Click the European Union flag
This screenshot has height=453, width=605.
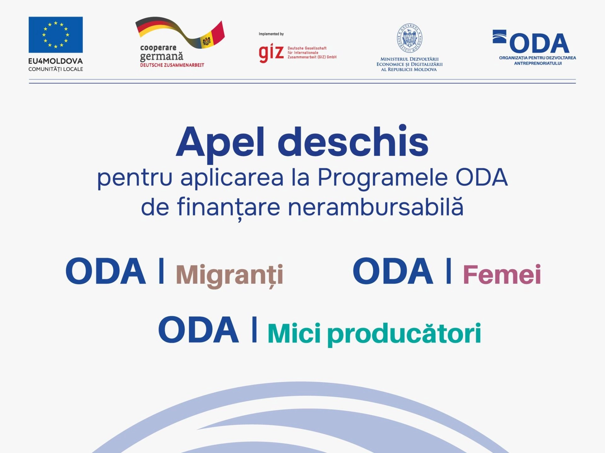pyautogui.click(x=55, y=35)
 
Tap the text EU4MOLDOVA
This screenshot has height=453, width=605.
pyautogui.click(x=55, y=61)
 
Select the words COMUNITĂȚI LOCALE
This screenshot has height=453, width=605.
pyautogui.click(x=55, y=69)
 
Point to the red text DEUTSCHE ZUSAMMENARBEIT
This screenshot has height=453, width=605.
pyautogui.click(x=172, y=65)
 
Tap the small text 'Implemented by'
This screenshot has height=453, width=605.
pyautogui.click(x=271, y=34)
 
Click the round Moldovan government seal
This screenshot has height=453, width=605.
pyautogui.click(x=409, y=38)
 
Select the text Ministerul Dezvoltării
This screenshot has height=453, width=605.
pyautogui.click(x=409, y=59)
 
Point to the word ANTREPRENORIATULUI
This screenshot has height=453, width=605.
pyautogui.click(x=538, y=63)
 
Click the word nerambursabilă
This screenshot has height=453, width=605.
pyautogui.click(x=376, y=208)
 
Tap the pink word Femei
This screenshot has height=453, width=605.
pyautogui.click(x=502, y=274)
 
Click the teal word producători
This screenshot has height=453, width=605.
pyautogui.click(x=404, y=334)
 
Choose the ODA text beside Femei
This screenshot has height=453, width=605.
pyautogui.click(x=393, y=271)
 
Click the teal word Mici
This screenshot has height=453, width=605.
pyautogui.click(x=294, y=333)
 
